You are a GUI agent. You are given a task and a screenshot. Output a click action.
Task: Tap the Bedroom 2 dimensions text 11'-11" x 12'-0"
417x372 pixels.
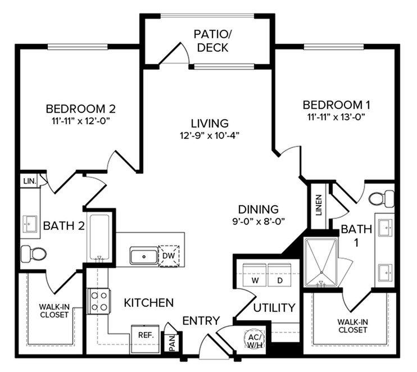tap(81, 121)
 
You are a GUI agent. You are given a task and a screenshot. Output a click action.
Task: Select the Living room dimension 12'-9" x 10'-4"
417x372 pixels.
tap(210, 136)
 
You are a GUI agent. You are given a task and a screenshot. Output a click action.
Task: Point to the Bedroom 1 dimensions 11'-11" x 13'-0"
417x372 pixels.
tap(336, 117)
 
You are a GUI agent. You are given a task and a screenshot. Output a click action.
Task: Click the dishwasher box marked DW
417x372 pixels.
tap(169, 256)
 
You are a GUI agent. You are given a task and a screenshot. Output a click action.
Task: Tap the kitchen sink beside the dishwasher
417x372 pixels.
tap(144, 256)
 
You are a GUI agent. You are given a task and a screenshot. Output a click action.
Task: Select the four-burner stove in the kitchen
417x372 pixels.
tap(99, 302)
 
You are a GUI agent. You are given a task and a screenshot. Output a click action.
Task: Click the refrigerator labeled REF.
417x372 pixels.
tap(146, 339)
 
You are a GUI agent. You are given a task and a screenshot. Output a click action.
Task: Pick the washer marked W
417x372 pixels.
tap(255, 275)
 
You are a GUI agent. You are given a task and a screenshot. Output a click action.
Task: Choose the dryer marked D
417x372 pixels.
tap(279, 275)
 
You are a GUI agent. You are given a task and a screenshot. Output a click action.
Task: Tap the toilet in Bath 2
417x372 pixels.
tap(34, 253)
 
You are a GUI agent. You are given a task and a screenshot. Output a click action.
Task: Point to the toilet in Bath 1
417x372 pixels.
tap(382, 198)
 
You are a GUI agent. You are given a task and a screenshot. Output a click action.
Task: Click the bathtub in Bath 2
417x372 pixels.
tap(99, 238)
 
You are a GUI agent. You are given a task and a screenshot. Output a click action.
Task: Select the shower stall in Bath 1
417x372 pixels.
tap(321, 262)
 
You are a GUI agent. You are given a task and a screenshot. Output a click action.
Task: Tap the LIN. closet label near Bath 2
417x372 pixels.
tap(30, 182)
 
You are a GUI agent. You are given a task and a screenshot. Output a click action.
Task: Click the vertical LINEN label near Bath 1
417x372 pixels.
tap(319, 205)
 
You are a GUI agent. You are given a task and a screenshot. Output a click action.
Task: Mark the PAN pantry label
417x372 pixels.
tap(172, 343)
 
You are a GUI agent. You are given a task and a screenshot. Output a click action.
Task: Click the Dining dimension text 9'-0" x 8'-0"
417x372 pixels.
tap(259, 221)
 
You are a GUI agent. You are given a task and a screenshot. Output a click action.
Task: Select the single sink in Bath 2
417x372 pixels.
tap(30, 224)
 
